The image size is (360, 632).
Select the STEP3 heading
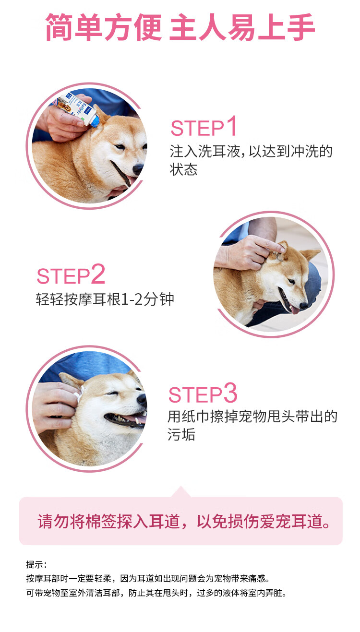203,393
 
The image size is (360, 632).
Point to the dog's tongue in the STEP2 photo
295,310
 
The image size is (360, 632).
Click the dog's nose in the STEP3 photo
141,399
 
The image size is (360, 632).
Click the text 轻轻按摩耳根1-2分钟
105,299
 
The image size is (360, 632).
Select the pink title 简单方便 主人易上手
180,27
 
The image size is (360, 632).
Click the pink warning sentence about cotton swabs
184,521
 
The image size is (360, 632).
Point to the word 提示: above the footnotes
36,564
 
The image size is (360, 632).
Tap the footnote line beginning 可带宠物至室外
156,593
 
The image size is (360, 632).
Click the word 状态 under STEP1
183,169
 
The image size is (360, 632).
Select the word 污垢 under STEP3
181,434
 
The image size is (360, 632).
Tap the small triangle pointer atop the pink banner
180,492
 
